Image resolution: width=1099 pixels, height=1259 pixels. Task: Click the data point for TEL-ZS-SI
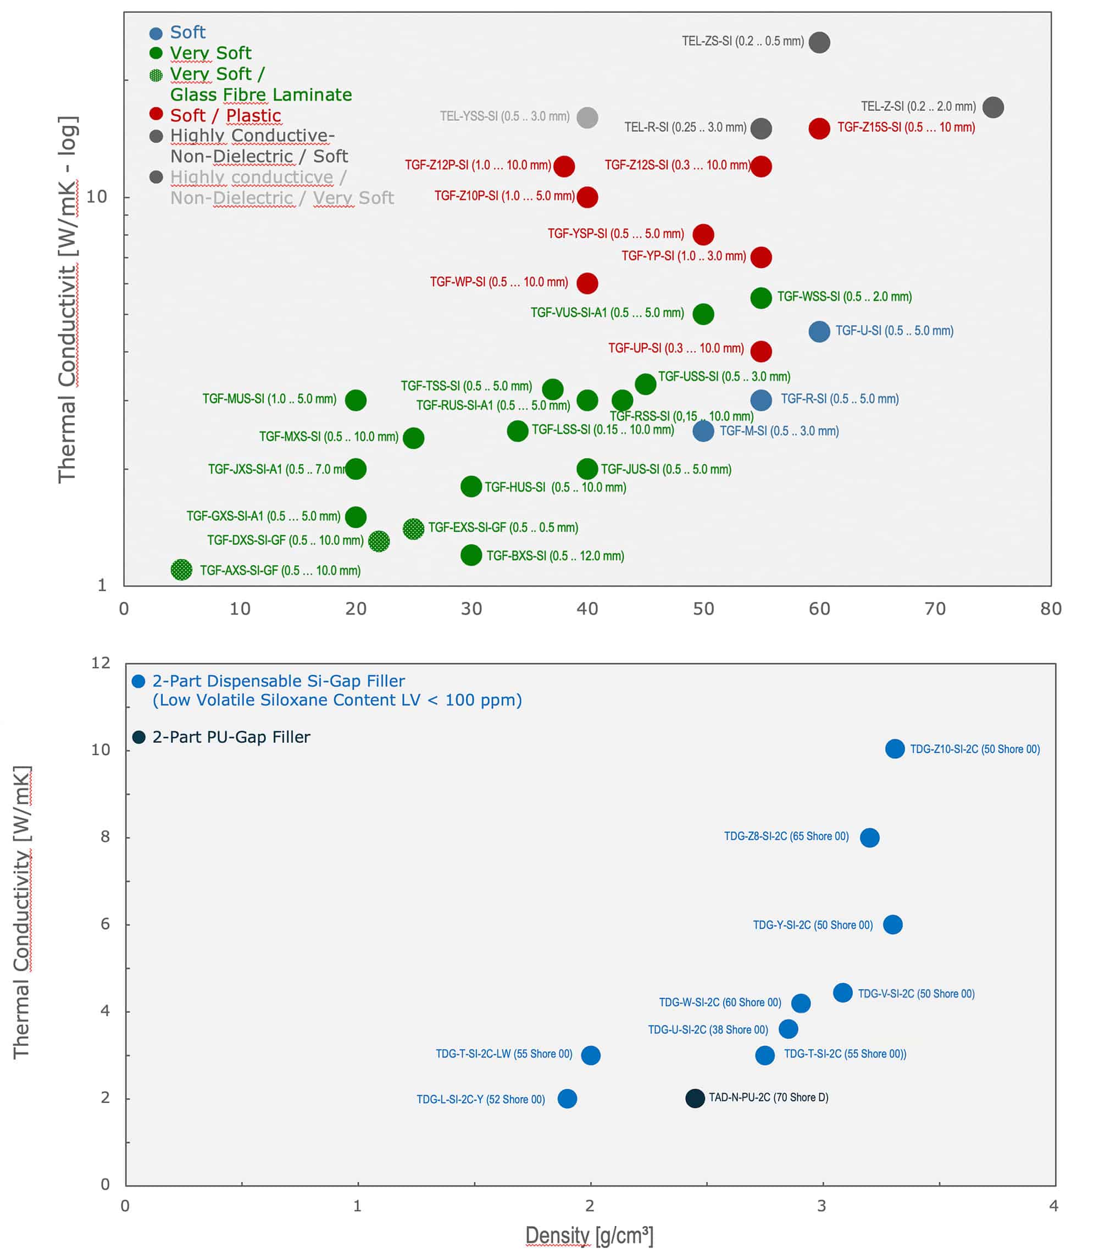click(819, 42)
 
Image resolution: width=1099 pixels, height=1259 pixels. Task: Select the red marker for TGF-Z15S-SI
click(819, 128)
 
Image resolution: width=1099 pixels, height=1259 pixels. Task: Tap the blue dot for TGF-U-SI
click(819, 332)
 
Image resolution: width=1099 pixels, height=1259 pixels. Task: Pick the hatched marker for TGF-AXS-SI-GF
click(181, 570)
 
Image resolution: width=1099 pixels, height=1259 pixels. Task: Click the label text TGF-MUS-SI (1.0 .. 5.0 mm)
click(269, 399)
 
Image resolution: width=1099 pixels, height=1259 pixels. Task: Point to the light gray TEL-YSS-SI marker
click(587, 117)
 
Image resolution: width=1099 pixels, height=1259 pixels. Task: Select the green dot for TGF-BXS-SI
click(471, 555)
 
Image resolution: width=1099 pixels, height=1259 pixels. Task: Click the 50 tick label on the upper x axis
click(703, 609)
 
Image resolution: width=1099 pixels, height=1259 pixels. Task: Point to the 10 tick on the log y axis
click(96, 197)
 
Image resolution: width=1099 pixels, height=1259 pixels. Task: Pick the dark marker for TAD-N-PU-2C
click(695, 1098)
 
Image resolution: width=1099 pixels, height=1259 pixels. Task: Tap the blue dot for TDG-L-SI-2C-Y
click(567, 1099)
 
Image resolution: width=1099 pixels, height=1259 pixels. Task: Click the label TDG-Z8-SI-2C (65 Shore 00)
click(786, 837)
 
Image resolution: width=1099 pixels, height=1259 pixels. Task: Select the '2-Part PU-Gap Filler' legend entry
click(231, 737)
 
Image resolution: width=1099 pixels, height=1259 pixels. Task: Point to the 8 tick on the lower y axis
click(106, 837)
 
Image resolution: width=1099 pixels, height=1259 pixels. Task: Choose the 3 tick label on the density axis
click(822, 1206)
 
